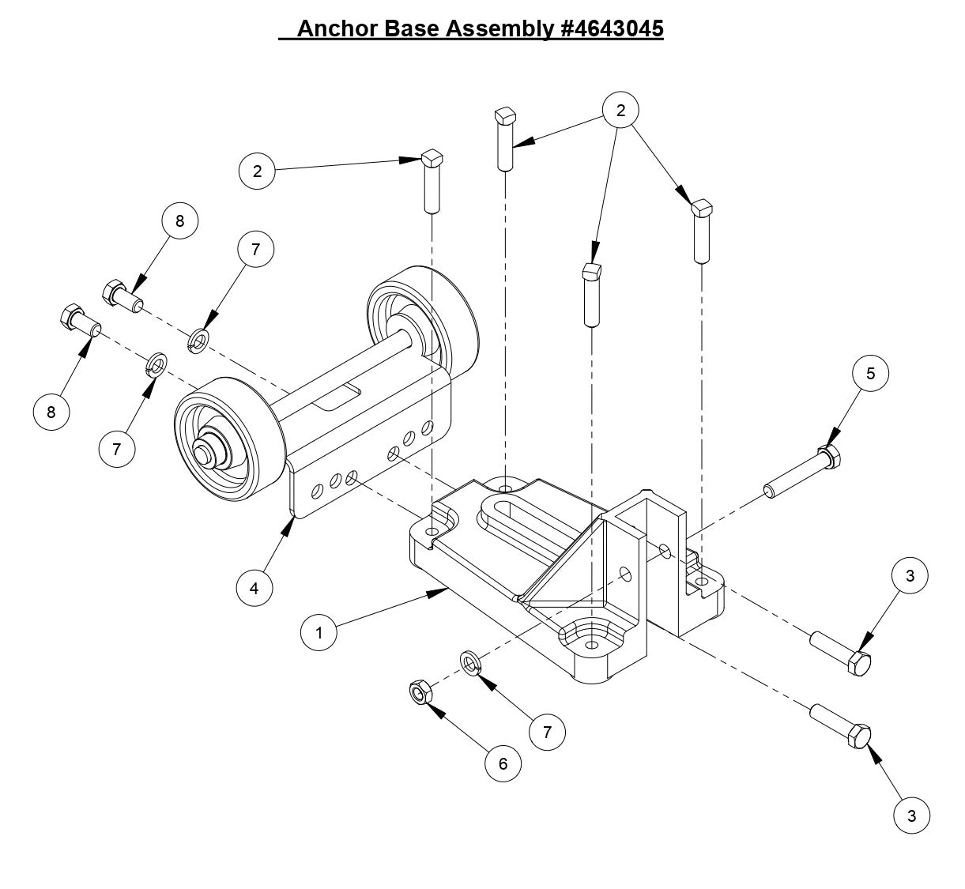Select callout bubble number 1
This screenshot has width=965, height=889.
click(319, 632)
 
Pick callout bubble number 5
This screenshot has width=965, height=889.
click(870, 374)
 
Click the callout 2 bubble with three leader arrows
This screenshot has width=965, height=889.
click(620, 111)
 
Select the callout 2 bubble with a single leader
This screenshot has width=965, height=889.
click(257, 170)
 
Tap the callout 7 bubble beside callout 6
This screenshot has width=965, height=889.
click(547, 732)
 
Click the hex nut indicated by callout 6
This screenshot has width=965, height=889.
click(420, 693)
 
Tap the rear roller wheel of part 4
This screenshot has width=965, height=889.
click(423, 316)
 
